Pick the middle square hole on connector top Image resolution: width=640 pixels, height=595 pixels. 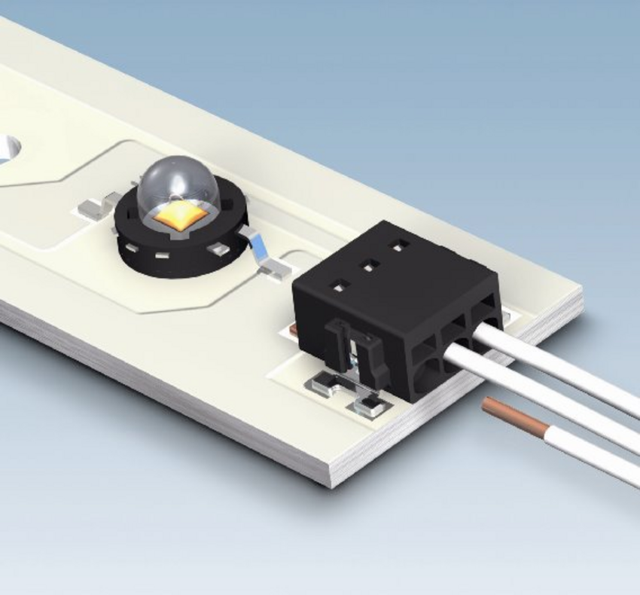pyautogui.click(x=369, y=265)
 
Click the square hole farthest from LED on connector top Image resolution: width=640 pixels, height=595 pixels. pyautogui.click(x=398, y=246)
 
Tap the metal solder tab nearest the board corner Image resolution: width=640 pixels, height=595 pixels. pyautogui.click(x=370, y=407)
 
